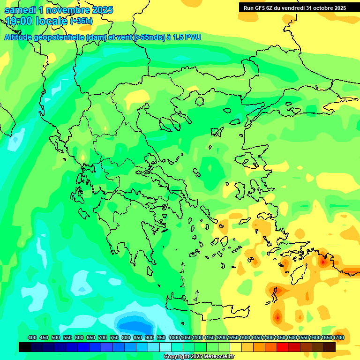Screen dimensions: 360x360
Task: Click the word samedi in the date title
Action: pos(18,10)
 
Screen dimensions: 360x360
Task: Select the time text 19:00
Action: pos(21,21)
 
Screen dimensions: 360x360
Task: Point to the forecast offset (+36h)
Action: pos(81,21)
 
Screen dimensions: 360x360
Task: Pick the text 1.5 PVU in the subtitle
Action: pos(187,37)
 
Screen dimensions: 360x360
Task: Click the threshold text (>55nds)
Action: pos(146,37)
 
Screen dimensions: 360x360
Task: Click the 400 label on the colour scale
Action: pos(32,337)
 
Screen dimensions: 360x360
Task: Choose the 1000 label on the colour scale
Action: pos(174,337)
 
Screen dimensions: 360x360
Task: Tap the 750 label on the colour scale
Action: pos(114,337)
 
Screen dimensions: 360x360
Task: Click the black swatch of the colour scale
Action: pos(25,347)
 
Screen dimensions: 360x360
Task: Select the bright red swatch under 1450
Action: pos(283,347)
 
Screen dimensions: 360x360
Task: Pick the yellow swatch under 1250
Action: pos(236,347)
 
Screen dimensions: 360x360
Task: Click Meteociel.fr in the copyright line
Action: pos(219,357)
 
